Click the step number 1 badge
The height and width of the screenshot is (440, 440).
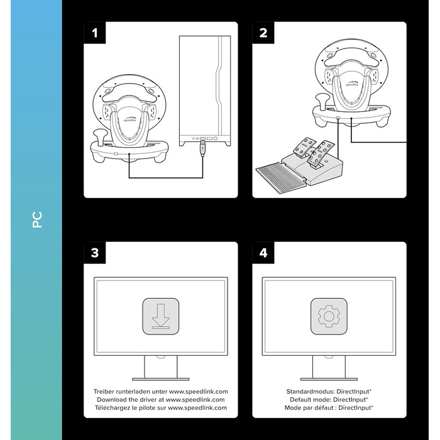tap(95, 33)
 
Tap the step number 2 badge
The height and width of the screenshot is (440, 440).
tap(263, 33)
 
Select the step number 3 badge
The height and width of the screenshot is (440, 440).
tap(95, 253)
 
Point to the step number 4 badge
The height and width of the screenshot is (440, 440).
tap(263, 253)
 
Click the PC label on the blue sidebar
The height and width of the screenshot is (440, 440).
tap(37, 220)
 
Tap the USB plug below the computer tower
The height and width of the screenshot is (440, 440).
tap(202, 149)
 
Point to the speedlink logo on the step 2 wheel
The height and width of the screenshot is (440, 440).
tap(352, 84)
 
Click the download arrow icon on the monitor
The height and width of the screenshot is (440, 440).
tap(161, 316)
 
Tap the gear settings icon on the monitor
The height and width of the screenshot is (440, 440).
tap(329, 316)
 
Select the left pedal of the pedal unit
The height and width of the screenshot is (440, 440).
tap(304, 146)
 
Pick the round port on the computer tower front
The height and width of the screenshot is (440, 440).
tap(216, 138)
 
